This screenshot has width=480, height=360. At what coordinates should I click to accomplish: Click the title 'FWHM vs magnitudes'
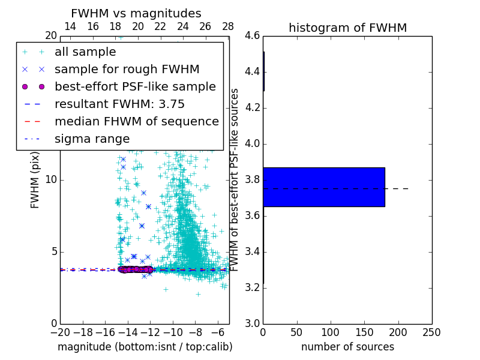(136, 13)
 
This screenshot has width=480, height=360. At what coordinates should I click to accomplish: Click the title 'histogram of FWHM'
(347, 28)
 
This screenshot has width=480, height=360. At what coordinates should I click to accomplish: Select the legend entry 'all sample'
(85, 52)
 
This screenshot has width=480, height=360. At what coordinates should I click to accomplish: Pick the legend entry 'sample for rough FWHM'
(127, 70)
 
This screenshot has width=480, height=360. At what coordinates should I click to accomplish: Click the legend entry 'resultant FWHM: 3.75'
(119, 104)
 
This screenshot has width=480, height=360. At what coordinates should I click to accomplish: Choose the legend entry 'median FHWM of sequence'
(136, 122)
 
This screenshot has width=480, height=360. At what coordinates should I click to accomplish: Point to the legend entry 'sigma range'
(92, 139)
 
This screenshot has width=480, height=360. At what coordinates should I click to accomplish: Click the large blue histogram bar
(323, 187)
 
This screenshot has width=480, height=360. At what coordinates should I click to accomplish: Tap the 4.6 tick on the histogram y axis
(251, 36)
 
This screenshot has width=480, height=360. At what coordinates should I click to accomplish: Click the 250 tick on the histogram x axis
(431, 332)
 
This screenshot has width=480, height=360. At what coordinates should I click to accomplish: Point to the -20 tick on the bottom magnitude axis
(60, 332)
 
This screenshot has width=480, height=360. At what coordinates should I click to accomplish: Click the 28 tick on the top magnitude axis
(228, 26)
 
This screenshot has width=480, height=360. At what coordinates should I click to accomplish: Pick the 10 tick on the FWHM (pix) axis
(50, 179)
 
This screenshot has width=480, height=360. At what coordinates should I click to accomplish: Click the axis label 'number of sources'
(347, 347)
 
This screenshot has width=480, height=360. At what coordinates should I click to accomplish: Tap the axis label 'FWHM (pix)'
(35, 179)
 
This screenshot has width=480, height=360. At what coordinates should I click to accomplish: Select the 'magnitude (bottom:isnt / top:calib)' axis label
(145, 347)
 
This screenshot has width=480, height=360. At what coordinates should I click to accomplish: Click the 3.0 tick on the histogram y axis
(251, 323)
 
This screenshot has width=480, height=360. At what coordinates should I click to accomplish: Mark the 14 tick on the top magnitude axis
(70, 26)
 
